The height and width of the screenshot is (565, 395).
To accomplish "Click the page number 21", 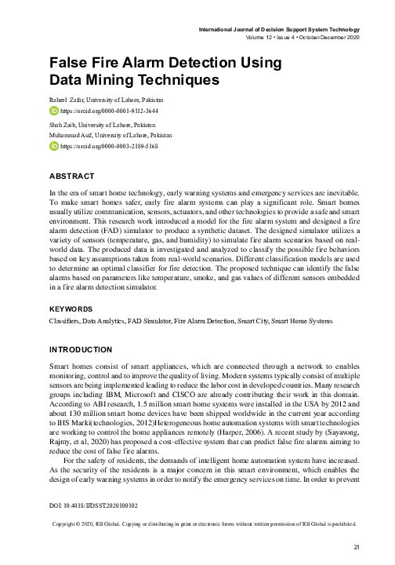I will pyautogui.click(x=357, y=548).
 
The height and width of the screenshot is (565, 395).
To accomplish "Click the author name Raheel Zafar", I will pyautogui.click(x=65, y=101).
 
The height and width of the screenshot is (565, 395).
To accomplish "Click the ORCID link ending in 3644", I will pyautogui.click(x=109, y=112).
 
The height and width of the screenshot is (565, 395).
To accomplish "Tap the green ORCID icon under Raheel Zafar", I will pyautogui.click(x=53, y=112).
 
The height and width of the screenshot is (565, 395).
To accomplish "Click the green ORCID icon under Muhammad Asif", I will pyautogui.click(x=53, y=147).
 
